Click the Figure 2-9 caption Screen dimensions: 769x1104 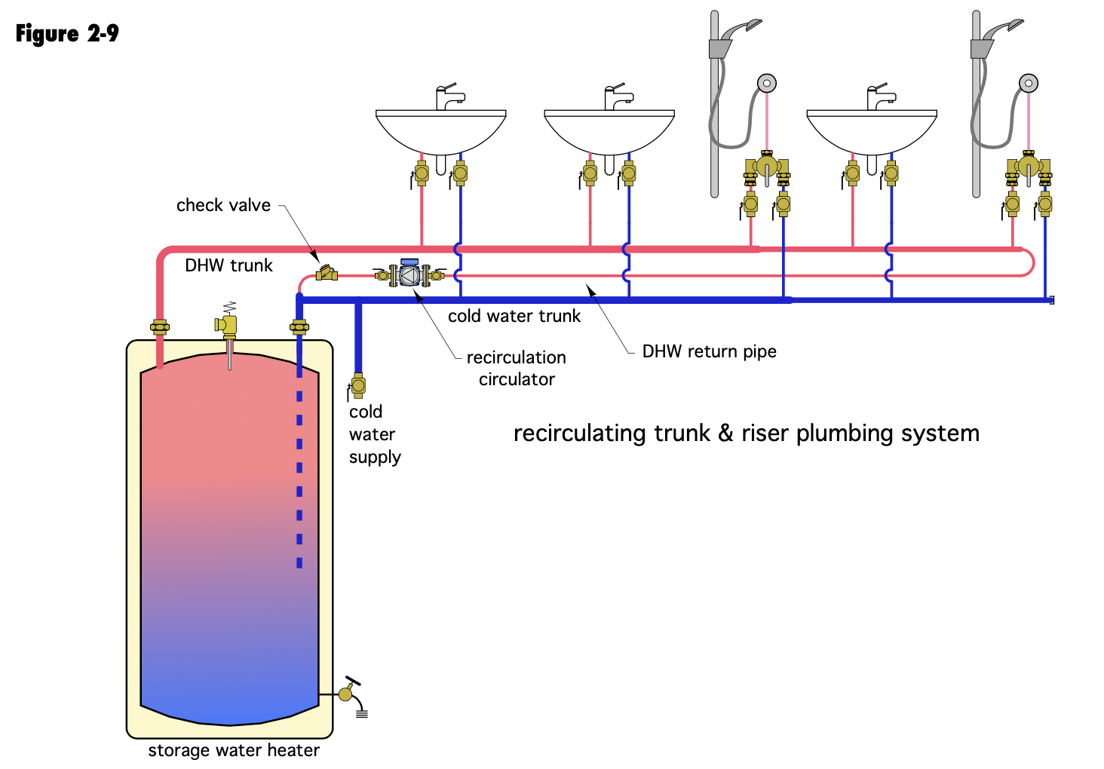pyautogui.click(x=67, y=34)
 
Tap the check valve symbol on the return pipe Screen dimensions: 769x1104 pyautogui.click(x=327, y=274)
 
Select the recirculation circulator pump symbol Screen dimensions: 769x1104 pyautogui.click(x=409, y=274)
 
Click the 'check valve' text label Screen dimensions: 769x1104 pyautogui.click(x=223, y=205)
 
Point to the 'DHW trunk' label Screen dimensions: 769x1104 pyautogui.click(x=228, y=265)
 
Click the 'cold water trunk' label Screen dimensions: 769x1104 pyautogui.click(x=514, y=316)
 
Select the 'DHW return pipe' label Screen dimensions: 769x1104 pyautogui.click(x=709, y=351)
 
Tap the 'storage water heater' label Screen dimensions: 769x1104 pyautogui.click(x=234, y=750)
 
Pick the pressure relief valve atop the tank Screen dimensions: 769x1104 pyautogui.click(x=227, y=323)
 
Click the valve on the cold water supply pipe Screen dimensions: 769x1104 pyautogui.click(x=358, y=386)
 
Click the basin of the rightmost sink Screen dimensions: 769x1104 pyautogui.click(x=872, y=132)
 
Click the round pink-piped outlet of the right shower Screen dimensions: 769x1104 pyautogui.click(x=1029, y=83)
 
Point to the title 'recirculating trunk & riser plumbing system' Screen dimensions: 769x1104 pyautogui.click(x=746, y=434)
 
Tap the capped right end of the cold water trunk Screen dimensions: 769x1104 pyautogui.click(x=1051, y=300)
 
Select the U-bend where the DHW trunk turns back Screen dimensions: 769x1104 pyautogui.click(x=1029, y=262)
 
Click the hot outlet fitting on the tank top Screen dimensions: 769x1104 pyautogui.click(x=160, y=326)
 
